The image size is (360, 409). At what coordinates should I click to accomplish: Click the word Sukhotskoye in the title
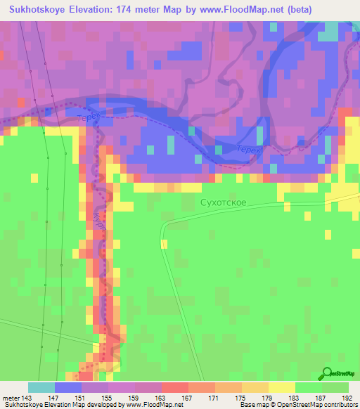tap(39, 9)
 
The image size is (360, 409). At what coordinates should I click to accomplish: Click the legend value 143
tap(28, 398)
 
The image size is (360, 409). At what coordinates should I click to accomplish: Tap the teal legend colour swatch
tap(41, 387)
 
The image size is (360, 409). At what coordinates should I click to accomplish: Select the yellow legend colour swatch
tap(282, 387)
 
